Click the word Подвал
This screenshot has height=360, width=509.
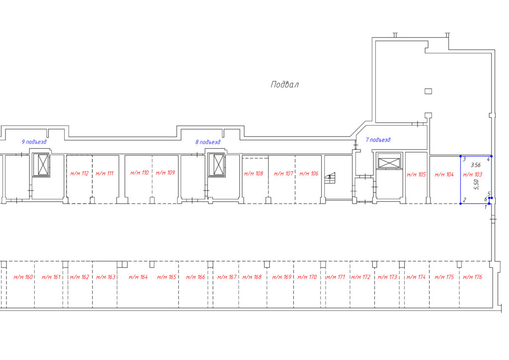285,85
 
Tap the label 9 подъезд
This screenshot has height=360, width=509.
34,142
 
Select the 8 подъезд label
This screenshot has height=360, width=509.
208,142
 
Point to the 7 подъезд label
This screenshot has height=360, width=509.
378,140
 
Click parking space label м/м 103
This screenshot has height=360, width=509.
473,175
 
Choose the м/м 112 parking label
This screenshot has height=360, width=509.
79,174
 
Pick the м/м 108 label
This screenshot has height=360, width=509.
254,174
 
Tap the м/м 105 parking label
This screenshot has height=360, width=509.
416,175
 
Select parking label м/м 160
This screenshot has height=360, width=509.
23,277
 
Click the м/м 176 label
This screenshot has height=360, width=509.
473,277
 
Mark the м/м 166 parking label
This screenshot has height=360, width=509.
195,277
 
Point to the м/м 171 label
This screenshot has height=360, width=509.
336,277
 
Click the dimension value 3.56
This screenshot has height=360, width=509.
476,165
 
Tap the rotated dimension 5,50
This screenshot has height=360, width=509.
476,184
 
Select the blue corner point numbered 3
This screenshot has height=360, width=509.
461,157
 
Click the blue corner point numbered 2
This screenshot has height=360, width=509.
461,203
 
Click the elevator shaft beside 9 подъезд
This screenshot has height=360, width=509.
41,165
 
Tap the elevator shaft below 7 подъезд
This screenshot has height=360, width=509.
389,163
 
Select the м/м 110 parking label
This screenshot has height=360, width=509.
140,173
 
